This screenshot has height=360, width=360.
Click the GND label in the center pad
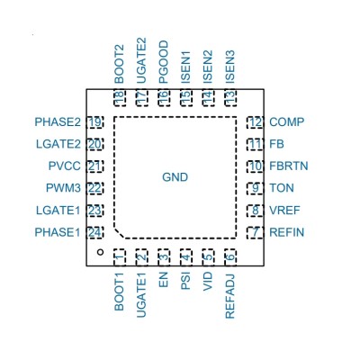tap(175, 177)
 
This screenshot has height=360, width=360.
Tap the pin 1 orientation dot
tap(101, 252)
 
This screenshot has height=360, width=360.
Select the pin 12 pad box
tap(255, 122)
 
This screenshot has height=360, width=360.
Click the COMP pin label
tap(287, 122)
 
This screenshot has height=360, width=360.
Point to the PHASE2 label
tap(58, 122)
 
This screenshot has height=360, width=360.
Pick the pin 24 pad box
tap(94, 232)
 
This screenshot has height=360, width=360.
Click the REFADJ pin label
tap(229, 296)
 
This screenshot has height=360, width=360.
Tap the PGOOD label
tap(164, 62)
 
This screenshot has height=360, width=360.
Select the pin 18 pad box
tap(120, 98)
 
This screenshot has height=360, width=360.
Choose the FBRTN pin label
tap(289, 166)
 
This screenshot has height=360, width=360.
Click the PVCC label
tap(65, 166)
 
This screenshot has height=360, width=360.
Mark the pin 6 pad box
tap(230, 257)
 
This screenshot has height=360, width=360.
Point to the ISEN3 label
tap(229, 67)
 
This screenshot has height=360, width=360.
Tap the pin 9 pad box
tap(255, 188)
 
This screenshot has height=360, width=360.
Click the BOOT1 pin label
tap(119, 292)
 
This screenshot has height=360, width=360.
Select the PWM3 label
tap(63, 188)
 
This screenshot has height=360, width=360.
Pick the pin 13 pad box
tap(230, 98)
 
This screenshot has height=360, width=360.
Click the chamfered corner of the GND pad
tap(120, 233)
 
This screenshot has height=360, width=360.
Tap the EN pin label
tap(164, 280)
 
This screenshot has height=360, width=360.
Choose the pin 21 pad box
tap(94, 166)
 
